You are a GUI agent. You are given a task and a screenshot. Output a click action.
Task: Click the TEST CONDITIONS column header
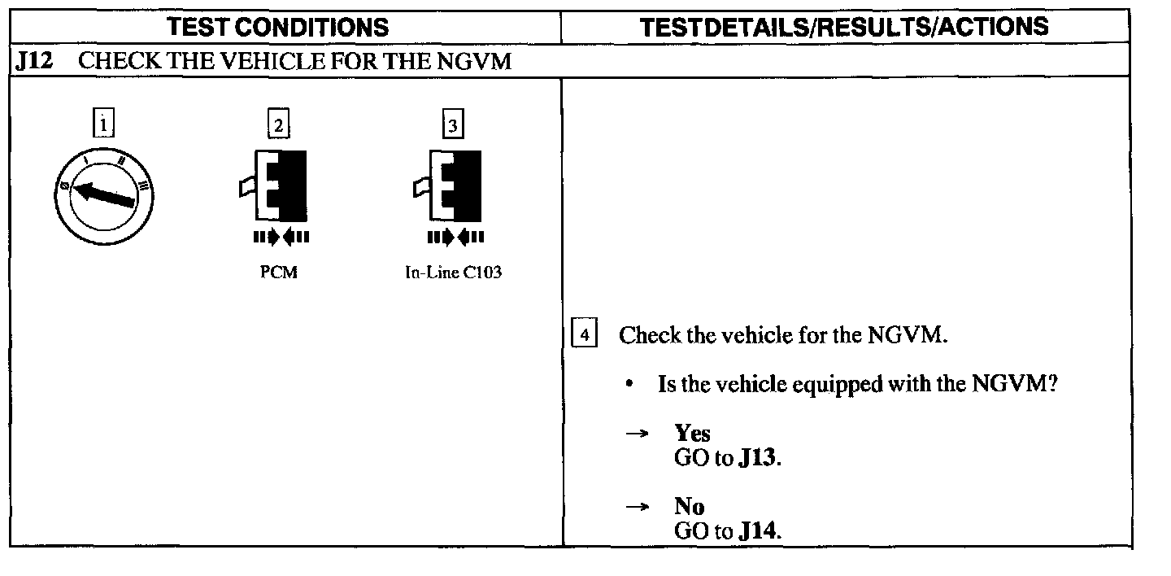277,28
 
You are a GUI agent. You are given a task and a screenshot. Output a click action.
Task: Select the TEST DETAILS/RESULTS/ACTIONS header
844,28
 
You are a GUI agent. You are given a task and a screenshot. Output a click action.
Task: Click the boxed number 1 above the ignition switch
102,124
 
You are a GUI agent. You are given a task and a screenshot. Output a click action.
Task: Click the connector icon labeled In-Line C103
449,185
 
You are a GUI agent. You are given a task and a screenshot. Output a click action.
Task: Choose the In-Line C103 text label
453,273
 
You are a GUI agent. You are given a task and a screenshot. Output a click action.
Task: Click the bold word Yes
692,433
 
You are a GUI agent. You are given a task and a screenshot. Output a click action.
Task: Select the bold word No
689,506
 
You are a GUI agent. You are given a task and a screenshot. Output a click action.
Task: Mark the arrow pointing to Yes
637,434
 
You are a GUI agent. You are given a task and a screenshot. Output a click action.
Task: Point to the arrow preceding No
637,507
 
